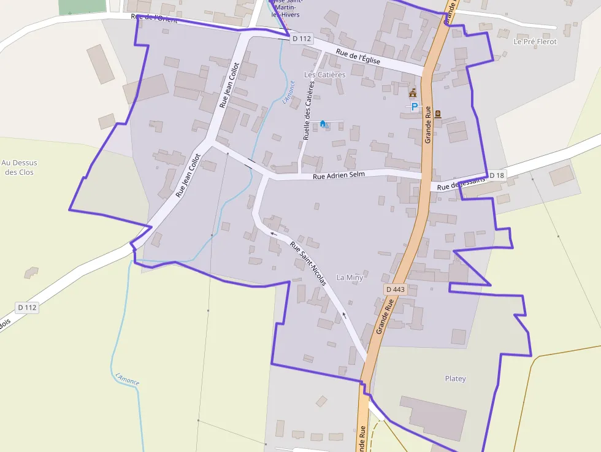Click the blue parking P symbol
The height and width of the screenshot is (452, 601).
tap(415, 107)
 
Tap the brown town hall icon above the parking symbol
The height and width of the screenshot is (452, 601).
tap(413, 93)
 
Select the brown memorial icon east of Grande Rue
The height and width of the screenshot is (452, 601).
tap(438, 113)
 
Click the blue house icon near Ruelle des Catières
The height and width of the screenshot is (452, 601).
tap(323, 123)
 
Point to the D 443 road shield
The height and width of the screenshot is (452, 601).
tap(396, 289)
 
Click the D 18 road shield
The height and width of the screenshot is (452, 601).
tap(497, 176)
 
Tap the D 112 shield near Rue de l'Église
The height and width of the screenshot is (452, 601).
tap(302, 39)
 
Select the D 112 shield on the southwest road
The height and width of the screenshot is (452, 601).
tap(28, 307)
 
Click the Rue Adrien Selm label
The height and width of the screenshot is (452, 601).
tap(339, 175)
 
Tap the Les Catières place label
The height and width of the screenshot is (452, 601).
tap(325, 75)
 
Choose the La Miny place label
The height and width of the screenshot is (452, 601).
tap(350, 278)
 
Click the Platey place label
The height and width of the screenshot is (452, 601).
tap(455, 379)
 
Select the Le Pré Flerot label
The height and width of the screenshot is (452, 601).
tap(535, 42)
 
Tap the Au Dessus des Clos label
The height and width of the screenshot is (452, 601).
tap(19, 167)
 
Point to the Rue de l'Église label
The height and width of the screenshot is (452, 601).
tap(359, 57)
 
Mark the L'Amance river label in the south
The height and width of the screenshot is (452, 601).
tap(128, 379)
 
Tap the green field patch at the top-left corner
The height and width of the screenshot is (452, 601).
tap(82, 7)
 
